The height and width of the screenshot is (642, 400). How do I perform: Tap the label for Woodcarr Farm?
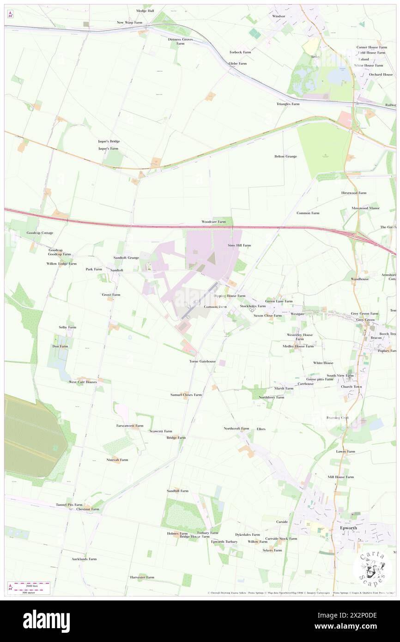tap(214, 222)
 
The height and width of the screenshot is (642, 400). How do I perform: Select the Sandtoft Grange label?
tap(127, 257)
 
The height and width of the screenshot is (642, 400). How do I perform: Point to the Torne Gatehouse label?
tap(202, 361)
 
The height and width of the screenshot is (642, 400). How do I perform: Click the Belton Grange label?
tap(285, 156)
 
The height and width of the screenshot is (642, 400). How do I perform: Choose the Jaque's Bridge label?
tap(109, 141)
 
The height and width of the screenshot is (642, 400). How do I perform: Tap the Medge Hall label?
tap(145, 11)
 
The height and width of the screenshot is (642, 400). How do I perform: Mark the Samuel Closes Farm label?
tap(186, 395)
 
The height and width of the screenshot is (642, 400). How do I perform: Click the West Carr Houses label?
tap(83, 382)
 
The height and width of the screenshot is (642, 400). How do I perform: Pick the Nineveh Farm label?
tap(117, 460)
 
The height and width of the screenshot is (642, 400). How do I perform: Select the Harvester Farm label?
tap(142, 577)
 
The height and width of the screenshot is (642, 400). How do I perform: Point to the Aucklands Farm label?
tap(84, 559)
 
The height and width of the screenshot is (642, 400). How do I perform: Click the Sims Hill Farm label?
tap(239, 245)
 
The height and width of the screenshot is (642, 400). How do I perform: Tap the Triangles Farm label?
tap(288, 104)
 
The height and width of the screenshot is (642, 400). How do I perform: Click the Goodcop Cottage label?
tap(40, 233)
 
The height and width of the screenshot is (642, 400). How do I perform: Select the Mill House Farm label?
tap(340, 477)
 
